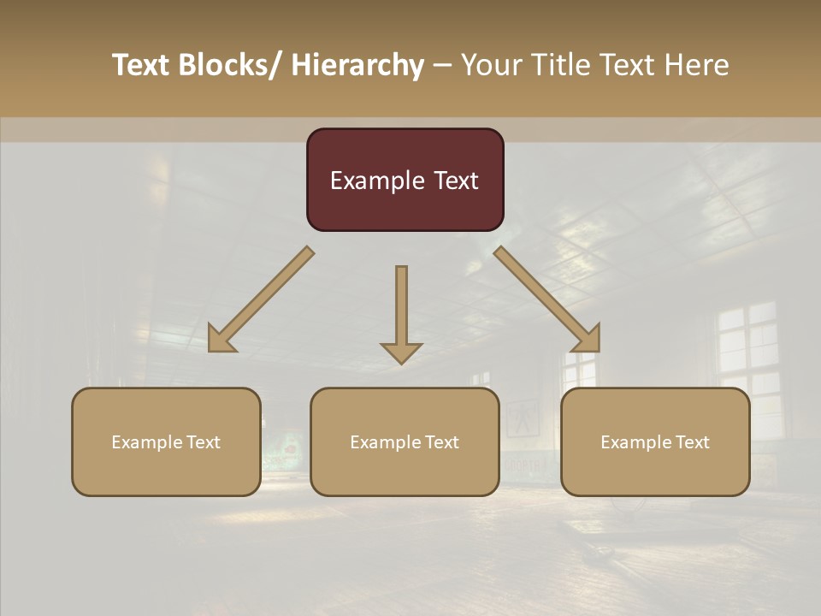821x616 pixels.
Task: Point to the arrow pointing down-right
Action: [x=547, y=300]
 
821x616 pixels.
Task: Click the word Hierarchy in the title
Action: [x=357, y=65]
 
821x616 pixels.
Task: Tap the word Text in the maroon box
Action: [x=455, y=181]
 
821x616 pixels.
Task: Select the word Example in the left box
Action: [x=147, y=442]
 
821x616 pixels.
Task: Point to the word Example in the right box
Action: [x=636, y=442]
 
